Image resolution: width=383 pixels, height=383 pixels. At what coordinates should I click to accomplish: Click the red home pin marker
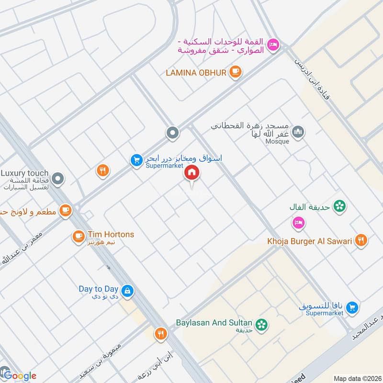(192, 173)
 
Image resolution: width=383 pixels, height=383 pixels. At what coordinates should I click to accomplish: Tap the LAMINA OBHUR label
(195, 72)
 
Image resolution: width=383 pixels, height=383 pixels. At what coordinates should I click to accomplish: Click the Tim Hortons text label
(111, 235)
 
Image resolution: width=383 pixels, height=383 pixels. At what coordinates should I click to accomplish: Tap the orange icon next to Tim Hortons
(78, 237)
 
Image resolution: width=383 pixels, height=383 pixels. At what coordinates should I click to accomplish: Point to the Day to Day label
(98, 289)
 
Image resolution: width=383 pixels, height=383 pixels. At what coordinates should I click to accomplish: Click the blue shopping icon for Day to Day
(127, 290)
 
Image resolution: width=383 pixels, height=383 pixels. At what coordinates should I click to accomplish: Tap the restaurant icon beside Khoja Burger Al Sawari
(361, 241)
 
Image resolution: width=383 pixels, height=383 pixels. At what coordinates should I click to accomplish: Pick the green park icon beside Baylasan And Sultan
(261, 325)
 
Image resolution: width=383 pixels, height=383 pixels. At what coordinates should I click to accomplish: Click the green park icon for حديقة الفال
(340, 206)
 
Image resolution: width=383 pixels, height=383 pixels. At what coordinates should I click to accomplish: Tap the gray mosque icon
(298, 131)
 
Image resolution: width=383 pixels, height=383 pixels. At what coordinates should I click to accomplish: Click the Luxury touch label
(24, 173)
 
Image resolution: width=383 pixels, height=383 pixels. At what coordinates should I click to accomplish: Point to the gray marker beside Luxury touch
(58, 179)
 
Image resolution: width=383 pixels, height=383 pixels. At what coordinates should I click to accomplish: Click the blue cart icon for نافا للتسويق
(352, 307)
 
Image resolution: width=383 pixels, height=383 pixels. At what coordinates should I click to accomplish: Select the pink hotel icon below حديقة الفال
(298, 223)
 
